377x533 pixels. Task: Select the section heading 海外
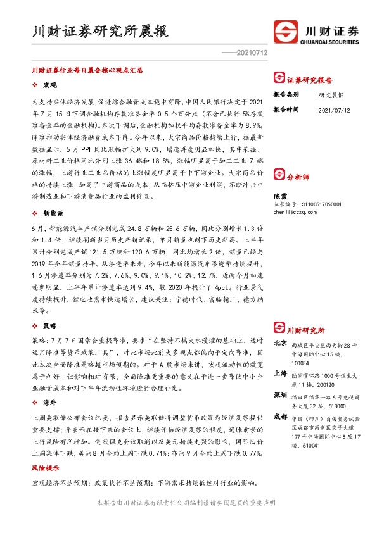(49, 402)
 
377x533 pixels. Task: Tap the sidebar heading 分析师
(297, 178)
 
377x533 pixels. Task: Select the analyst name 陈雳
(279, 196)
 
